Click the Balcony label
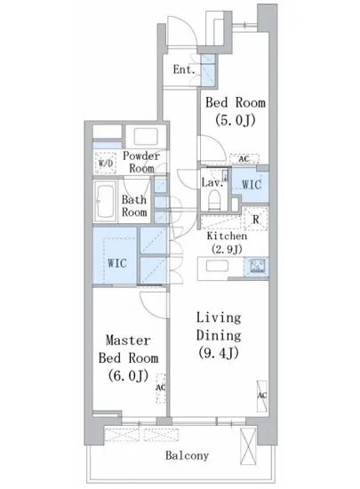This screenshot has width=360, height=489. pos(187,455)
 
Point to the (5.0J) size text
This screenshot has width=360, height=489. pos(236,120)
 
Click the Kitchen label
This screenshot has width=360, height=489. pos(227,236)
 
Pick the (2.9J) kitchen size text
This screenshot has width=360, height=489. pos(227,249)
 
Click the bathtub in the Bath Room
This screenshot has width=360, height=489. pos(106,201)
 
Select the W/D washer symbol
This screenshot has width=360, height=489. pos(106,163)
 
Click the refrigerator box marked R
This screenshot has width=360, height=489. pos(255,219)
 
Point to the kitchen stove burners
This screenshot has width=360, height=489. pos(257,267)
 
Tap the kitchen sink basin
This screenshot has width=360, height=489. pos(217,267)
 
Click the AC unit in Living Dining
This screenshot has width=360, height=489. pos(262,396)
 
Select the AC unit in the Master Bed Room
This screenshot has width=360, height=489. pos(161,388)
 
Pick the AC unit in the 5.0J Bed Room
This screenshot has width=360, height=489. pos(244,159)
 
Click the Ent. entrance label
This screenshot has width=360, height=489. pos(184,69)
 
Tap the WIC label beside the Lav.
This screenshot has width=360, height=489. pos(252,184)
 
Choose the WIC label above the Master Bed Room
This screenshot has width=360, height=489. pos(117,263)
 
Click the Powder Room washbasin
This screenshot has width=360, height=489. pos(146,136)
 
